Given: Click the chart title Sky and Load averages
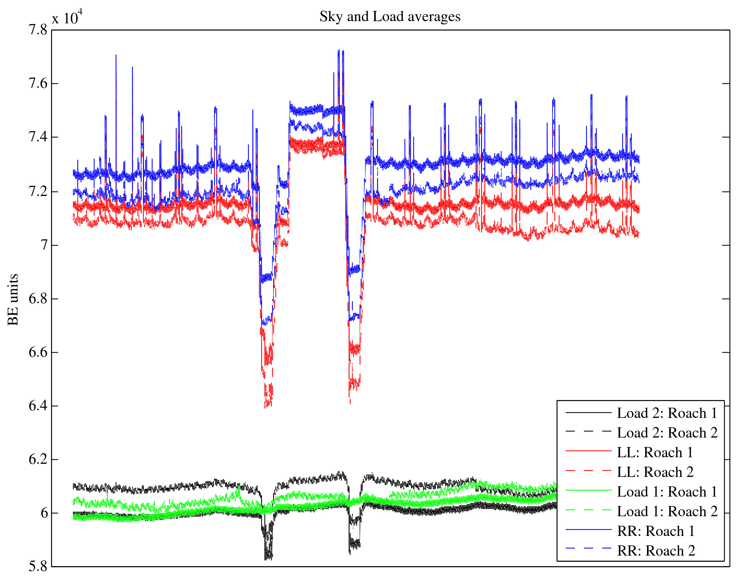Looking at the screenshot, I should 390,17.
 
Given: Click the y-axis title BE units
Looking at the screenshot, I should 13,299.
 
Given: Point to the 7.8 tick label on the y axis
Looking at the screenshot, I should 38,30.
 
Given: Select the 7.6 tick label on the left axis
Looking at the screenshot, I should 38,83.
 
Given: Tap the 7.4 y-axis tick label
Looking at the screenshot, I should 38,137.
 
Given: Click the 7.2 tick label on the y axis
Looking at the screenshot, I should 38,191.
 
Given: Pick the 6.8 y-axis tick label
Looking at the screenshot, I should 38,299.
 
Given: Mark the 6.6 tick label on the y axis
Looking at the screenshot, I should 38,352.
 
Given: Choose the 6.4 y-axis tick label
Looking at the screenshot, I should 38,406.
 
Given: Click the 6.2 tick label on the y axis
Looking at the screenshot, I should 38,459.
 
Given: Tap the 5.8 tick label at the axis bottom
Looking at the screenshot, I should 38,567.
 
